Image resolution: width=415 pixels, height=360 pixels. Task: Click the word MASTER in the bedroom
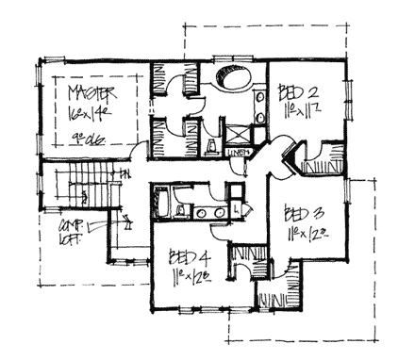[x=92, y=92]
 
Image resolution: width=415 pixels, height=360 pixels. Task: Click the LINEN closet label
[x=238, y=152]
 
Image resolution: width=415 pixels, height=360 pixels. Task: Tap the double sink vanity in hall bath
[x=210, y=213]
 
